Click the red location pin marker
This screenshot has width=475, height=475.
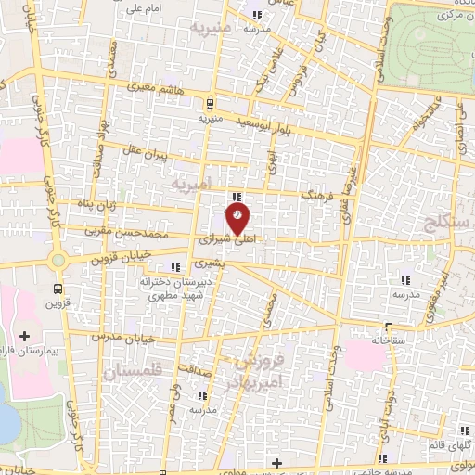(237, 217)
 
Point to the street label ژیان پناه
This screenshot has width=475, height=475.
(122, 202)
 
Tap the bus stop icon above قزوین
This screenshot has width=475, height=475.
(59, 288)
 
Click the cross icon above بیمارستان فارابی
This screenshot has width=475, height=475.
(24, 335)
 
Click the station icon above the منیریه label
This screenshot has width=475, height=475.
(210, 103)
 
